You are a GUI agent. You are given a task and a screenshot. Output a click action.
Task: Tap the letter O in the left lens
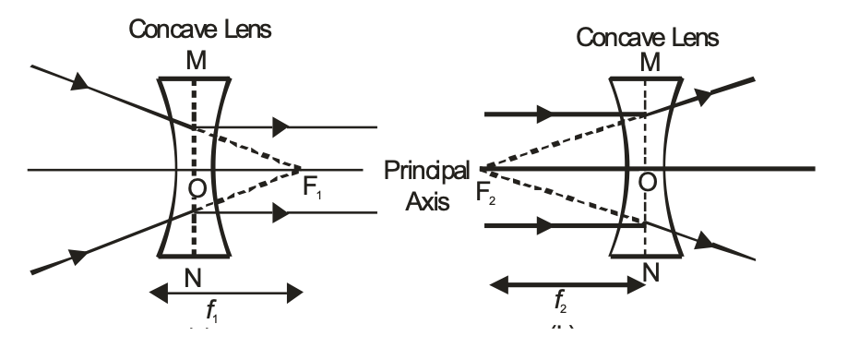point(195,189)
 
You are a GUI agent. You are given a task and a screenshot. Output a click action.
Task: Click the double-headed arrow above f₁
point(225,293)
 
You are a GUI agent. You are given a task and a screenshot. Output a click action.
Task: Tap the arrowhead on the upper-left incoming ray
point(80,85)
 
